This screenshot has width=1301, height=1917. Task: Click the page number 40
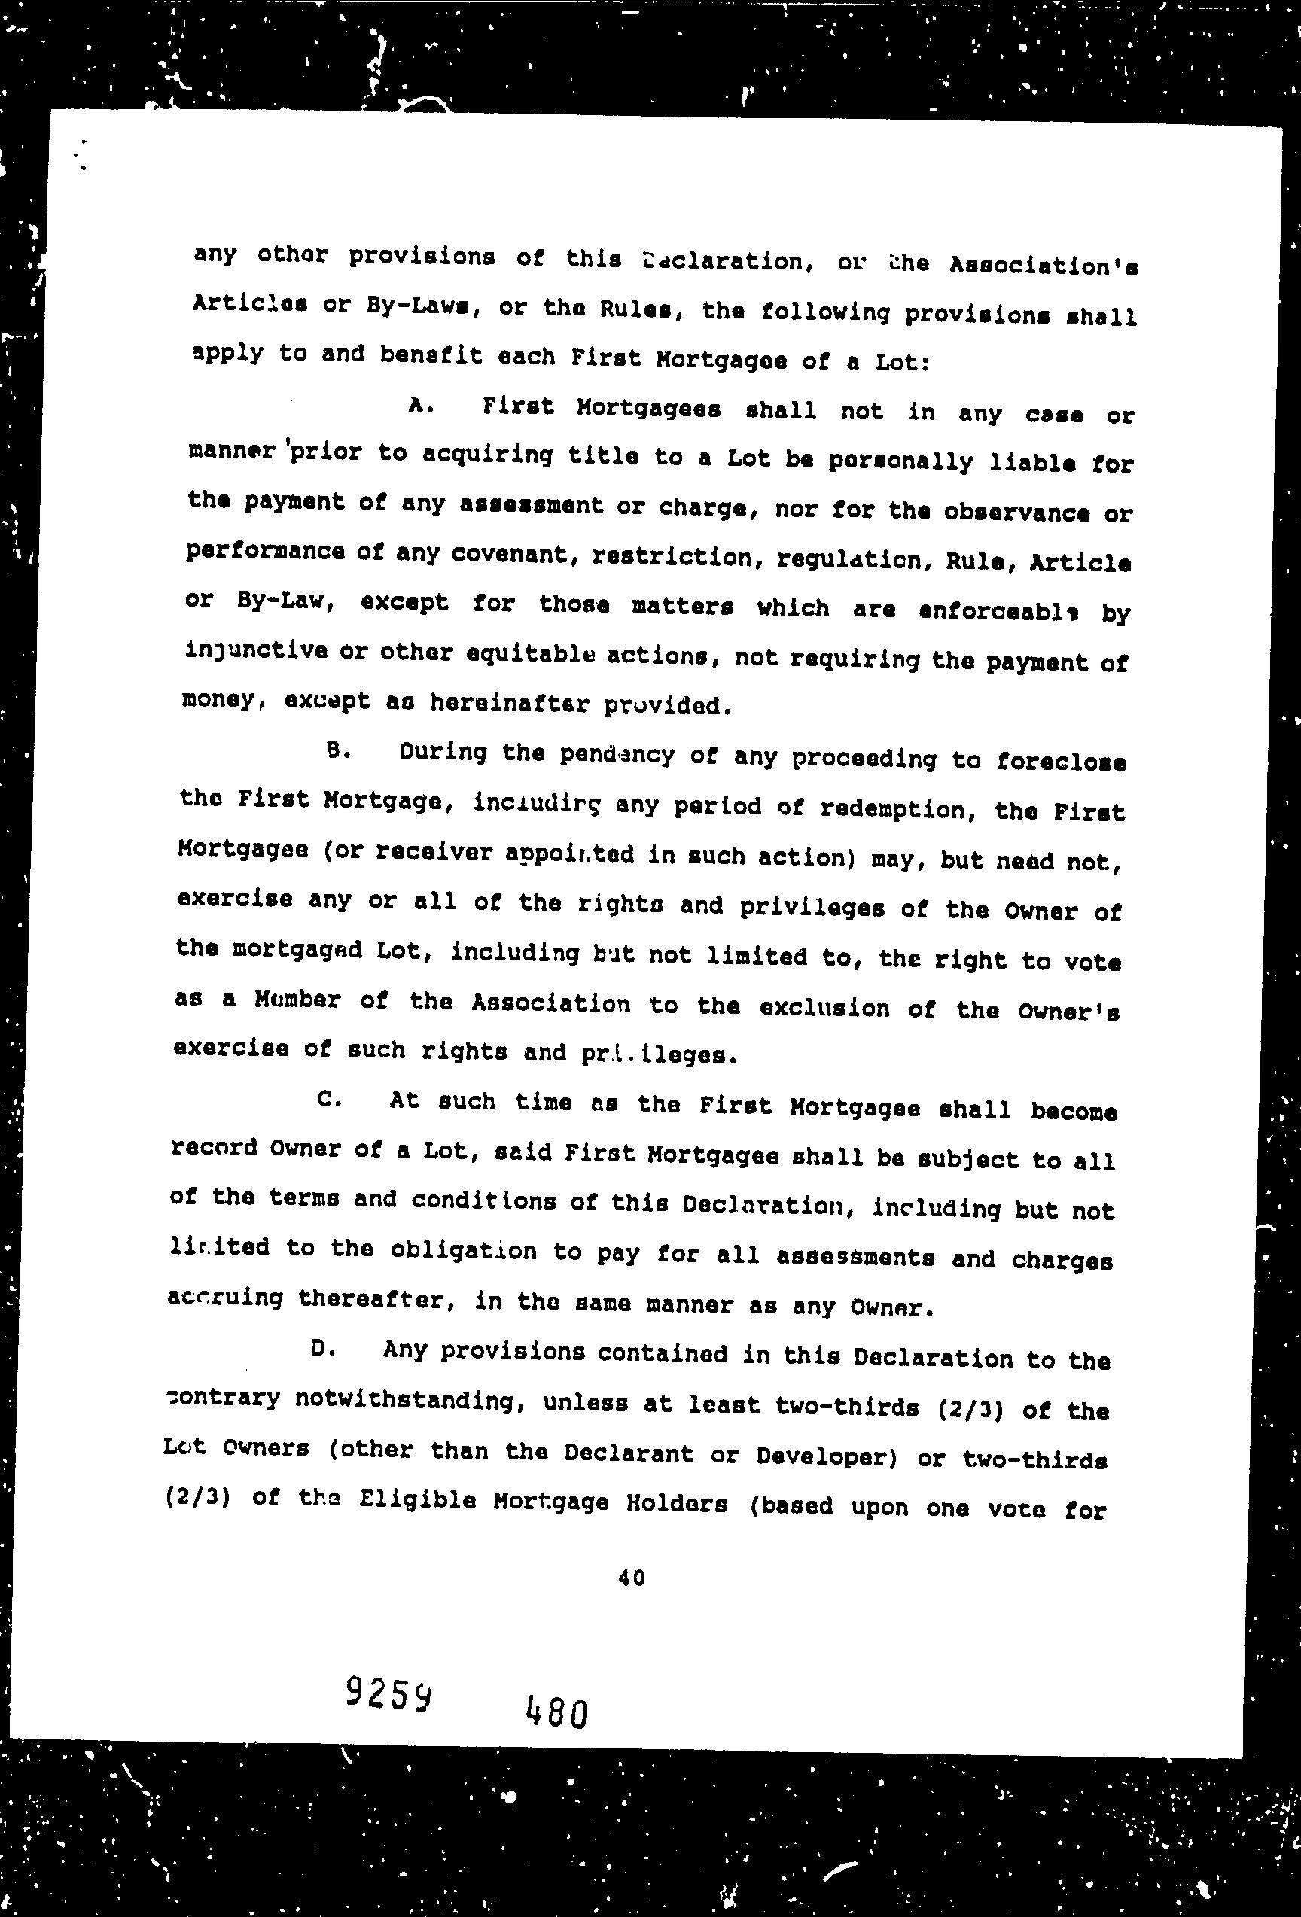pyautogui.click(x=631, y=1578)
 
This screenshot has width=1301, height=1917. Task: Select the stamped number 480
pyautogui.click(x=555, y=1714)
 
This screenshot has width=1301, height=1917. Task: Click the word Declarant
pyautogui.click(x=629, y=1453)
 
